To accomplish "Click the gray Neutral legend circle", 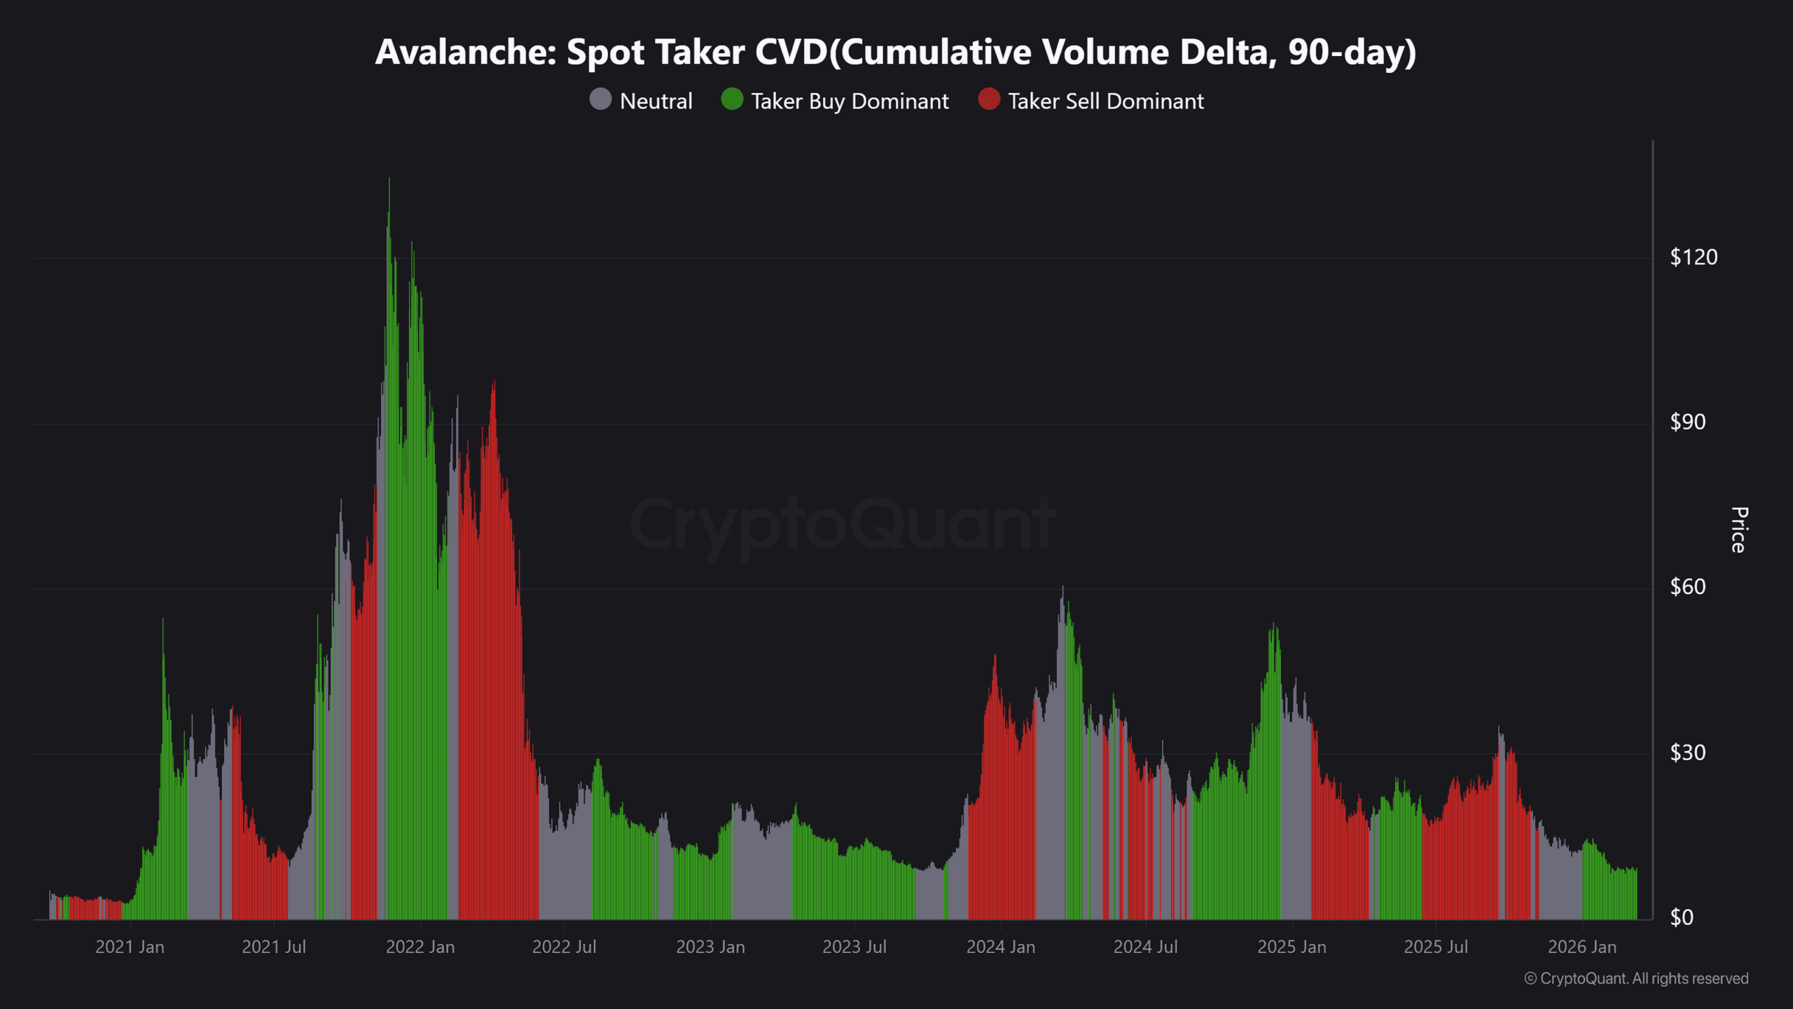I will pos(600,99).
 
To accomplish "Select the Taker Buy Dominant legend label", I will pos(849,102).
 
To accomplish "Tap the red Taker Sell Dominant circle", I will pos(988,99).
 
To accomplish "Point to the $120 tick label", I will pos(1693,257).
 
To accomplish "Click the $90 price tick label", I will pos(1687,422).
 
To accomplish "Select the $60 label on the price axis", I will pos(1687,586).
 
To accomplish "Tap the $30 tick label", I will pos(1687,753).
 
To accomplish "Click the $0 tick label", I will pos(1681,917).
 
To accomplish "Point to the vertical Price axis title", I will pos(1738,530).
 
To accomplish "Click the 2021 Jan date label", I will pos(130,947).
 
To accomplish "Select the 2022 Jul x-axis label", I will pos(564,947).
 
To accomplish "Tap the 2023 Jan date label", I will pos(710,947).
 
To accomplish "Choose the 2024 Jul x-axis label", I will pos(1145,947).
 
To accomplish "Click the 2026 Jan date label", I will pos(1581,947).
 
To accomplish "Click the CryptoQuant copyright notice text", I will pos(1636,978).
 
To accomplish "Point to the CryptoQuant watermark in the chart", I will pos(843,524).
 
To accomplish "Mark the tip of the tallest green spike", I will pos(389,179).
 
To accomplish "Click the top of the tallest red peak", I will pos(494,383).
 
